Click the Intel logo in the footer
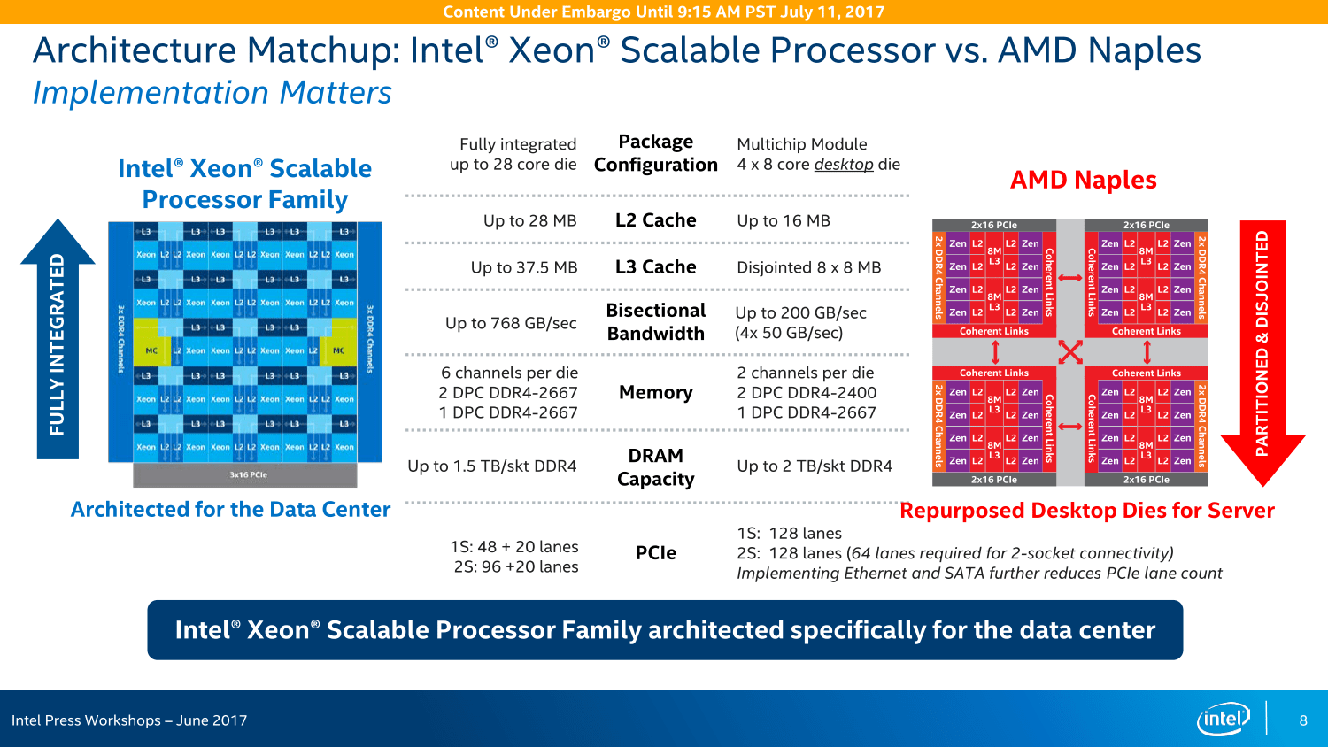pyautogui.click(x=1223, y=719)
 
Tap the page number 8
pyautogui.click(x=1303, y=720)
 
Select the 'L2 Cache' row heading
pyautogui.click(x=655, y=220)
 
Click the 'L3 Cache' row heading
pyautogui.click(x=655, y=267)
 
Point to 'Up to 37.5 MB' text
pyautogui.click(x=523, y=267)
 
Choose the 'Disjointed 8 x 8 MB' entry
pyautogui.click(x=808, y=267)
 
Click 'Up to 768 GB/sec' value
pyautogui.click(x=511, y=323)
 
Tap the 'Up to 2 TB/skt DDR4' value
pyautogui.click(x=815, y=466)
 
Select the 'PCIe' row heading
pyautogui.click(x=655, y=553)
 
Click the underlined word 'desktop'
pyautogui.click(x=844, y=165)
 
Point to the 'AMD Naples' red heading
pyautogui.click(x=1083, y=181)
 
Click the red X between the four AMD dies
pyautogui.click(x=1070, y=351)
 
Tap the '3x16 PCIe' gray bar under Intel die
pyautogui.click(x=245, y=475)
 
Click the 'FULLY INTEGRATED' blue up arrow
pyautogui.click(x=58, y=341)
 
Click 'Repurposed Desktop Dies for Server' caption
pyautogui.click(x=1086, y=511)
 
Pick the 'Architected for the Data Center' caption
pyautogui.click(x=230, y=510)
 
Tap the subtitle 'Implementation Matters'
pyautogui.click(x=212, y=93)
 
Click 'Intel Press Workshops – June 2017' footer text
pyautogui.click(x=129, y=720)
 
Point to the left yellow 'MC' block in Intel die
pyautogui.click(x=151, y=350)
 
